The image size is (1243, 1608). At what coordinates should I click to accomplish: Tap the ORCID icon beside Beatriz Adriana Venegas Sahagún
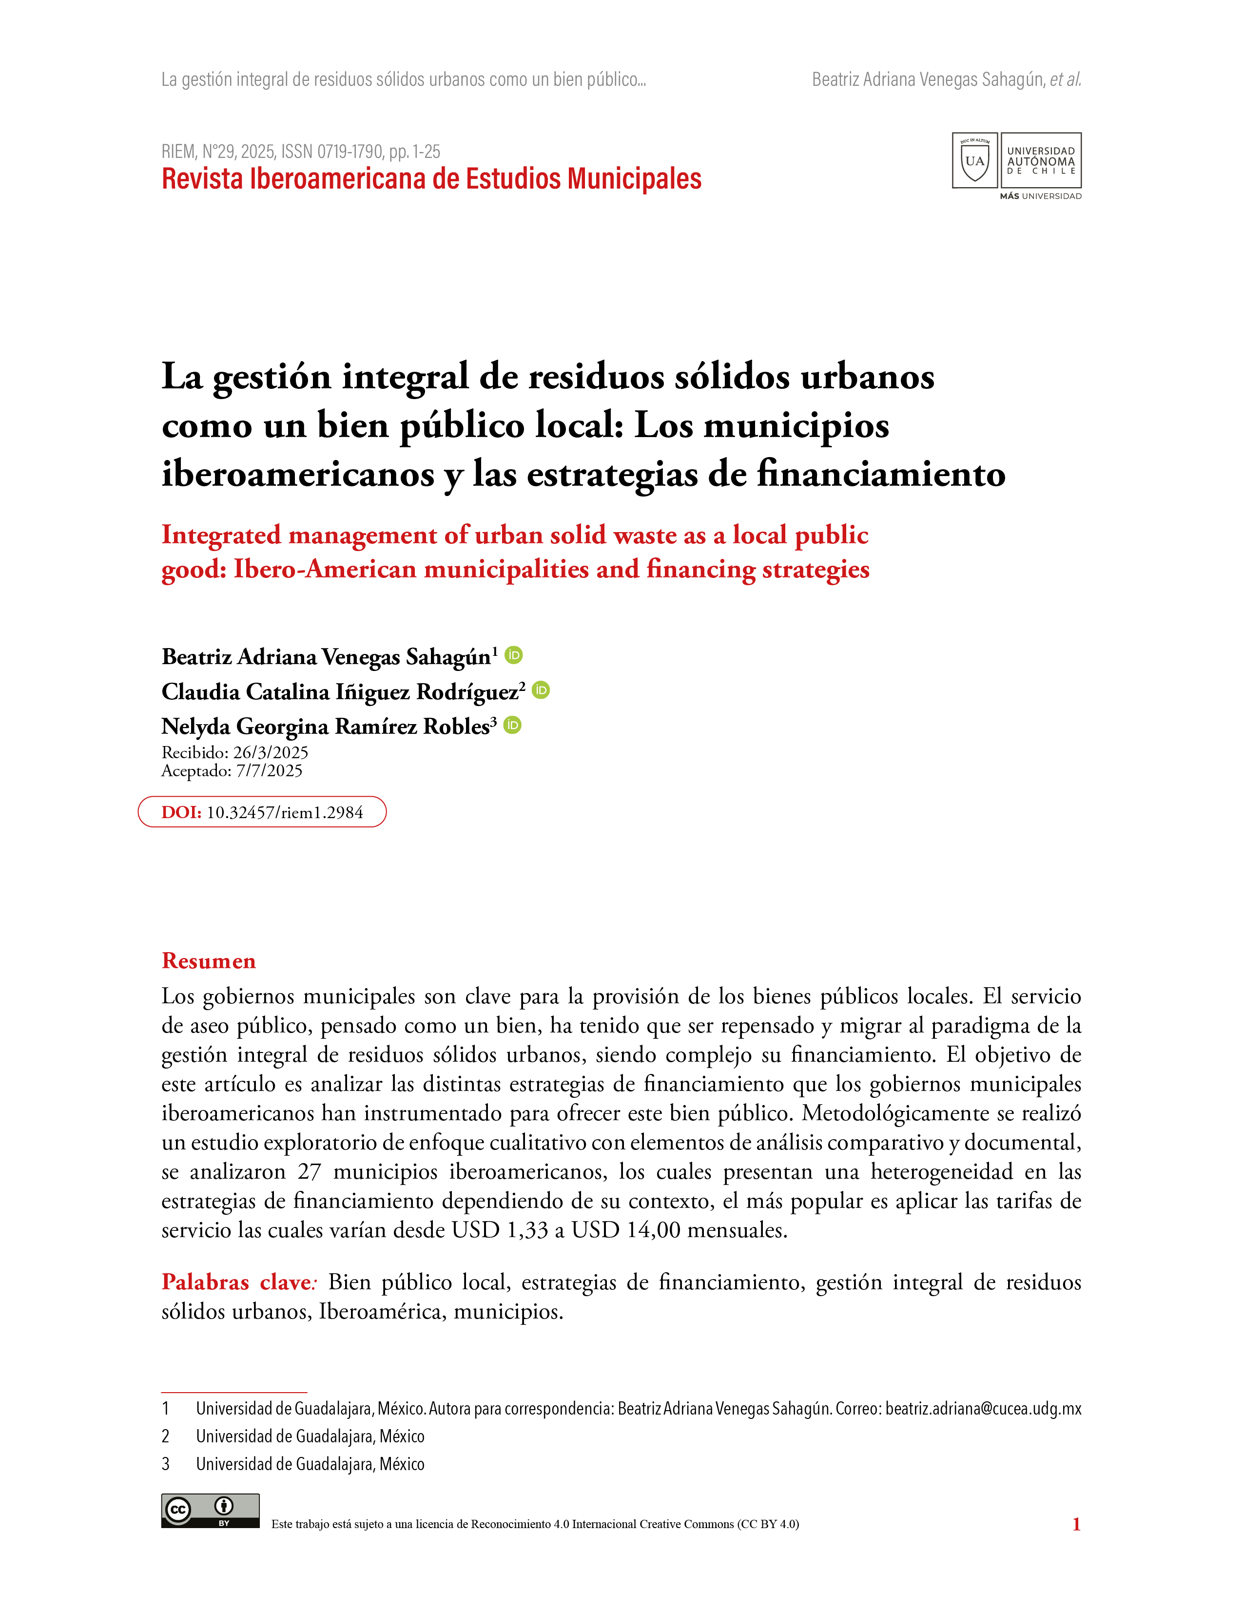point(514,654)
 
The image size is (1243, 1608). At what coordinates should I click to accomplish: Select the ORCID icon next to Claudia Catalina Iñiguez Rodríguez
point(541,690)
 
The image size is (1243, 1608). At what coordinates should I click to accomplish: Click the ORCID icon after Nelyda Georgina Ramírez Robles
point(512,725)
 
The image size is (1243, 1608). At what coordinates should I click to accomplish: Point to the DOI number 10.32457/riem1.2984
point(284,812)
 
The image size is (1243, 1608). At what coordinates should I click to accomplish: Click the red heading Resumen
point(209,961)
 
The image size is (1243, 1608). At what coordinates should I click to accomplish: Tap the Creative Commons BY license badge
point(211,1511)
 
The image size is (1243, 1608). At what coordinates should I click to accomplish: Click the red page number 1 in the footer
point(1076,1524)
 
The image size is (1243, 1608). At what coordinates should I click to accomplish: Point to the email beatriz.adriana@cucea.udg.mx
point(983,1409)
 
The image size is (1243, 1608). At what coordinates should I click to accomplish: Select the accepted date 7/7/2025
point(269,771)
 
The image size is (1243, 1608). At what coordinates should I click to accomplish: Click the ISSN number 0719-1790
point(350,152)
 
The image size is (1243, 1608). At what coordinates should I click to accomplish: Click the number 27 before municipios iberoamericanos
point(309,1171)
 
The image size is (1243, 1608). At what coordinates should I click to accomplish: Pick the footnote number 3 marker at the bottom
point(166,1464)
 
